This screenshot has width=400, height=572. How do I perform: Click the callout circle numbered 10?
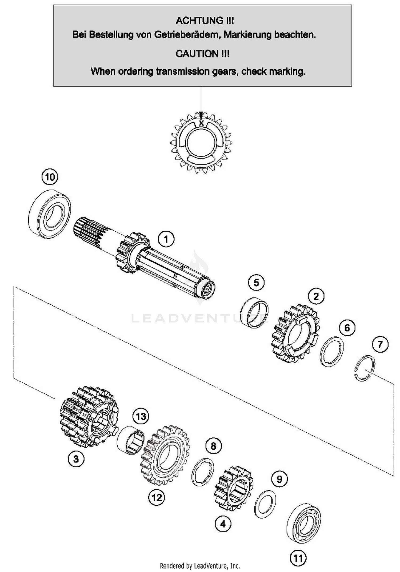50,177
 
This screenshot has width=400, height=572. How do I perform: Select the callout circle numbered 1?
166,239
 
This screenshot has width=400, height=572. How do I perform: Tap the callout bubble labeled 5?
256,283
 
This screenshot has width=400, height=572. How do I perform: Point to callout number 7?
380,344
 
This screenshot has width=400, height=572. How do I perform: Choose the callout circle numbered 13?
141,416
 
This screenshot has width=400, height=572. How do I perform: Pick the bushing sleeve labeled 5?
254,312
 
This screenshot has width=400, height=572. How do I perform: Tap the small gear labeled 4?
233,488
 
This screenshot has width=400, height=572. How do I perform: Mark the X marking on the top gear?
201,123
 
